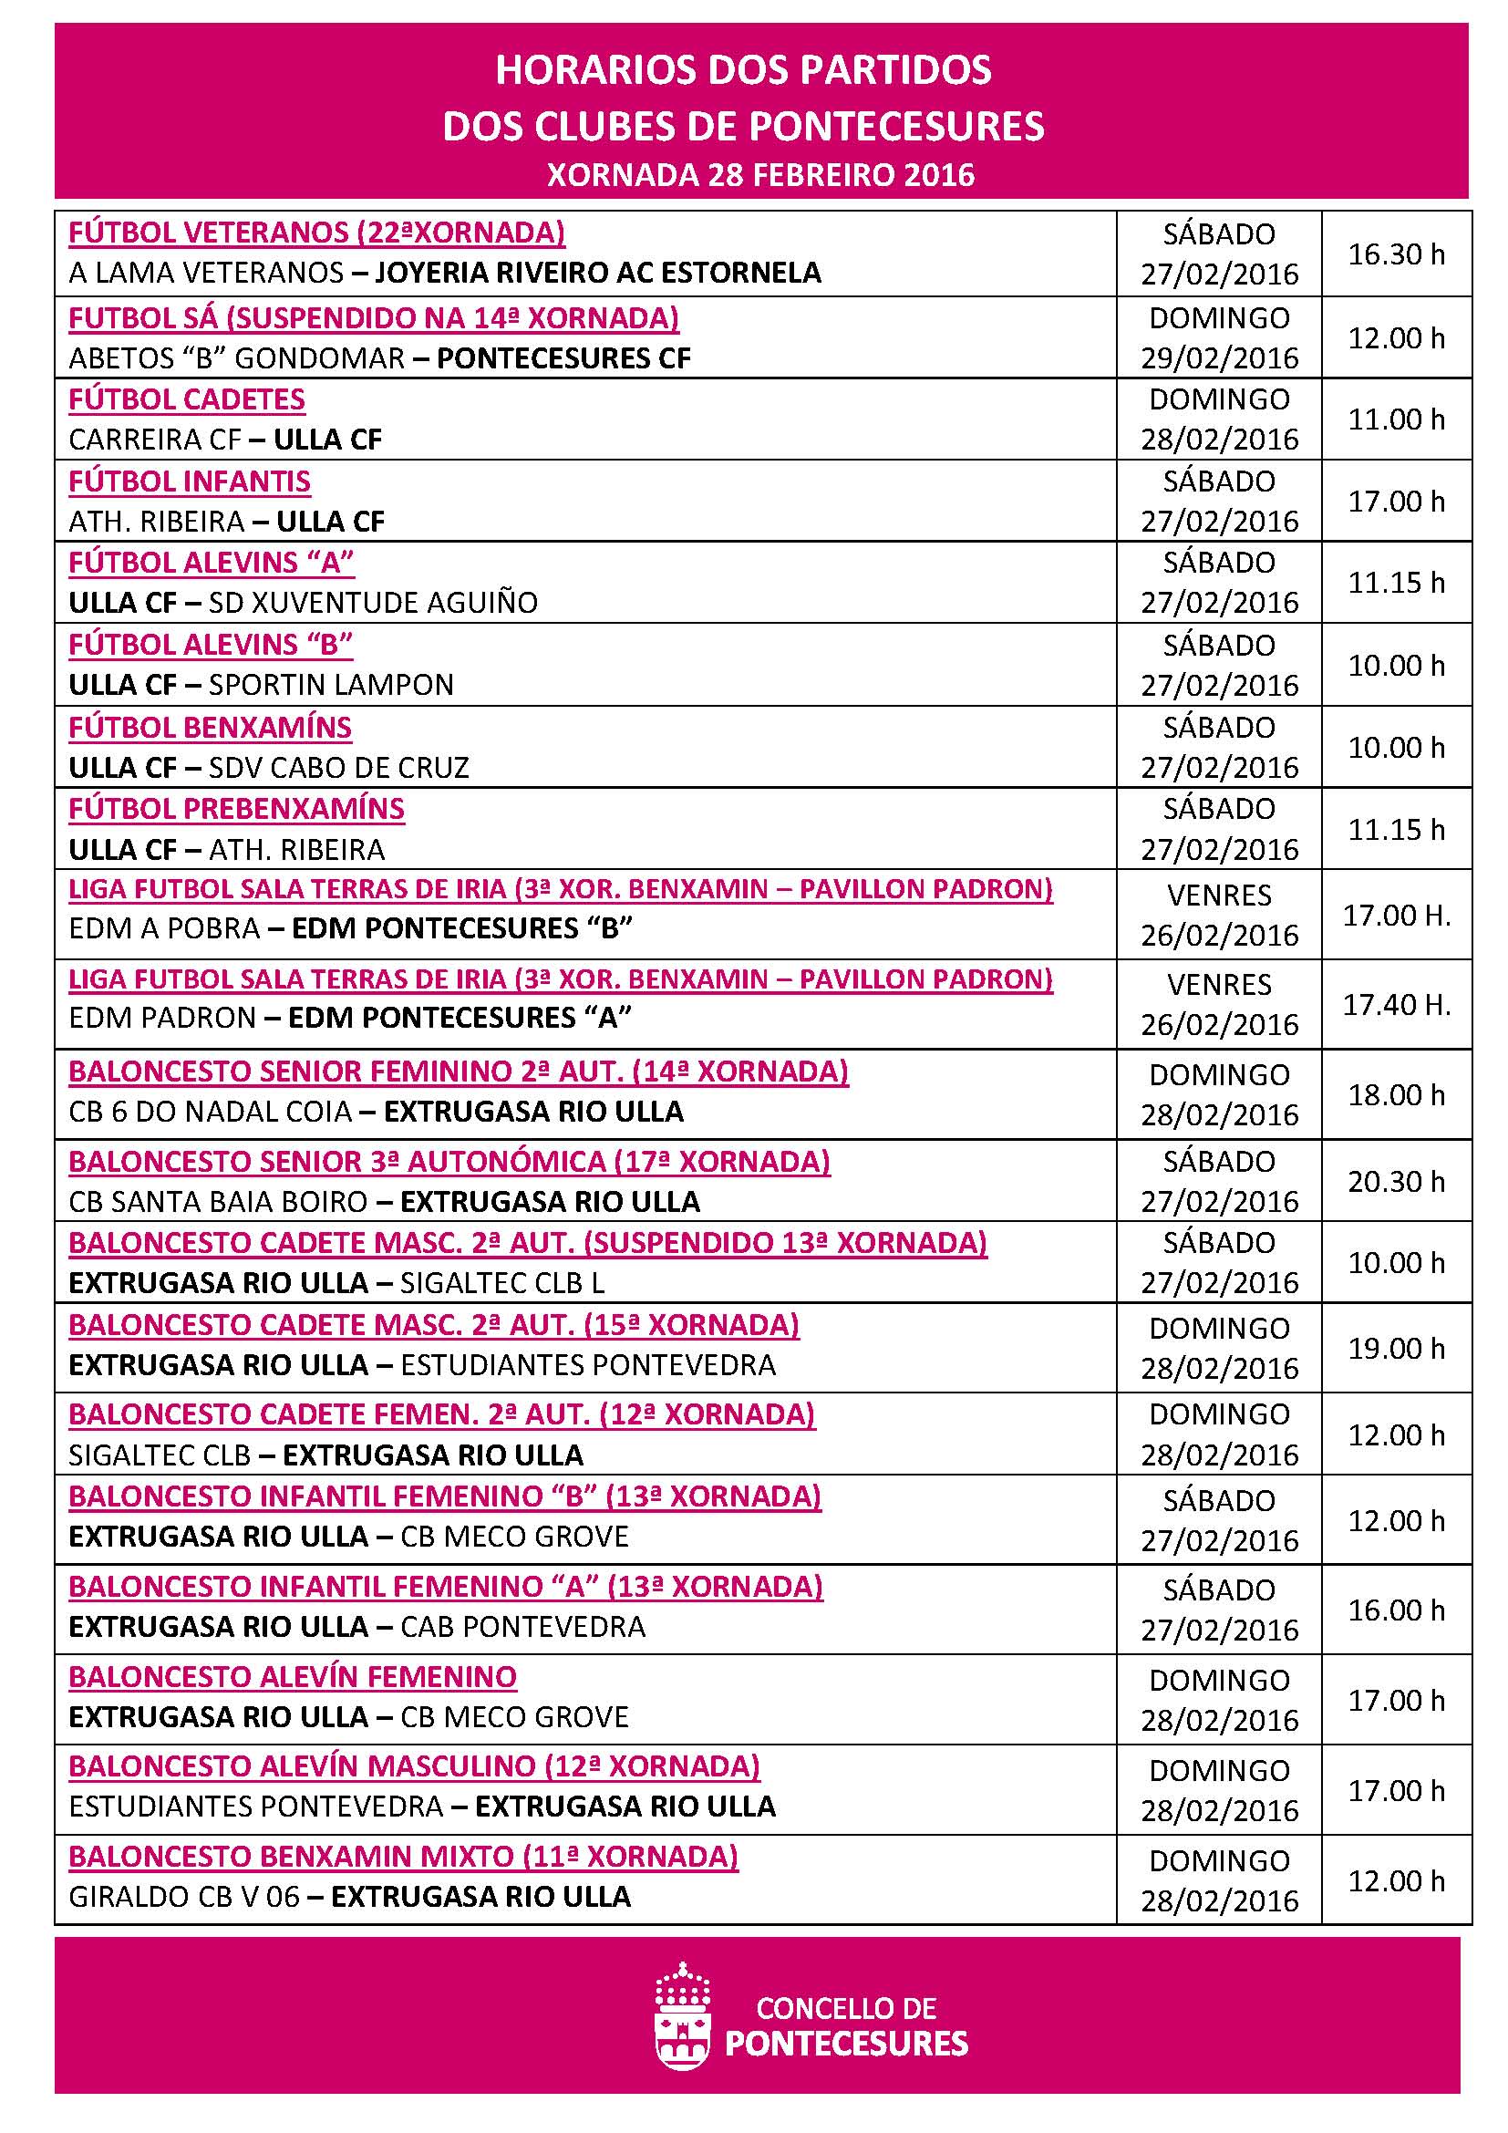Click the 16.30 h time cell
1396,254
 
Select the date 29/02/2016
1218,357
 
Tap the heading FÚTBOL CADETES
187,399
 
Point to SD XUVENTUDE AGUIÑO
373,603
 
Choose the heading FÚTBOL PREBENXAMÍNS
237,809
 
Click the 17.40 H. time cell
1396,1004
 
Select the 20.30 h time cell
1396,1181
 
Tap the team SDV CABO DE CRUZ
339,767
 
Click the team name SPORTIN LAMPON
332,685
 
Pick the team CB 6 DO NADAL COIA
211,1111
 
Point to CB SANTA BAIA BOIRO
218,1201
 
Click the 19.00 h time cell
1396,1347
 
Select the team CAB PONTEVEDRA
522,1626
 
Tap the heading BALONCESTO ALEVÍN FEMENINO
293,1677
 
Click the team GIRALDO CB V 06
184,1895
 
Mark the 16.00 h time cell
1396,1609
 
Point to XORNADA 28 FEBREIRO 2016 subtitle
760,176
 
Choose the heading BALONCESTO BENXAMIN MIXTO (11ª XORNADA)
403,1855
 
